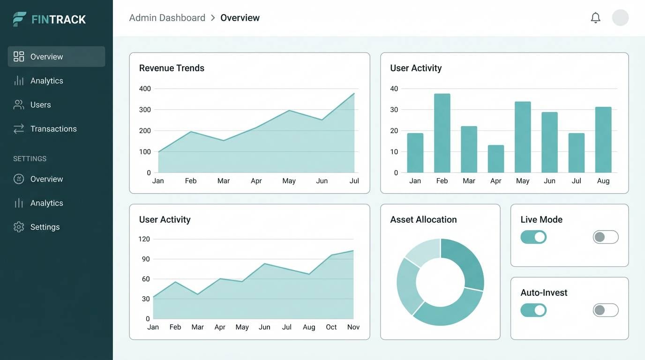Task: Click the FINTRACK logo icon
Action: point(19,19)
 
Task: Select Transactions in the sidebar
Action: point(53,129)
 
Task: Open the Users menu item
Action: point(40,105)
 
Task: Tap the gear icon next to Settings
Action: point(19,227)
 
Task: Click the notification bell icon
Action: point(595,18)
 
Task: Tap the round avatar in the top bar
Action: point(620,18)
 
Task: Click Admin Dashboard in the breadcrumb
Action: point(167,18)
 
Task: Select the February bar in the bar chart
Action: point(442,133)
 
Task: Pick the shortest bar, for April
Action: point(495,159)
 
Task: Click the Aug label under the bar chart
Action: point(603,181)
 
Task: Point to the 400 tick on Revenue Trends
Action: point(145,89)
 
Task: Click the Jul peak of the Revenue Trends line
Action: point(354,93)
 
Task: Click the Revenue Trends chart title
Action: point(172,68)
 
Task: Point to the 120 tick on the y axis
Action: point(144,239)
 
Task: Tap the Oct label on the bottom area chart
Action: point(331,327)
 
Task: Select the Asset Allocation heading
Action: point(423,219)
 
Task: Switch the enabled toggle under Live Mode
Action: point(533,237)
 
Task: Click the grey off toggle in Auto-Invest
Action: point(606,310)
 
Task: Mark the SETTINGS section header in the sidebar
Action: point(30,159)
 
